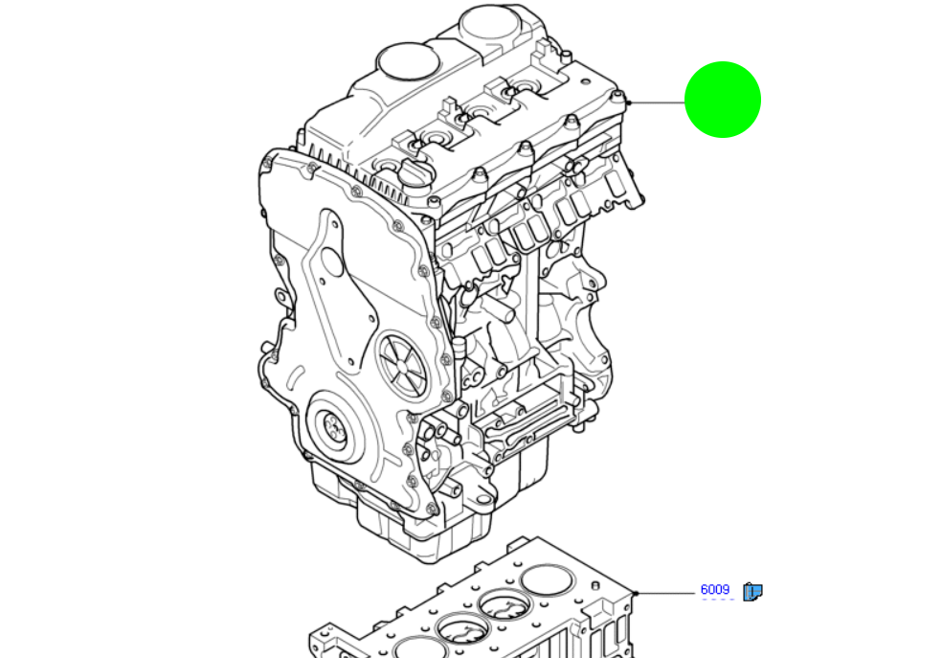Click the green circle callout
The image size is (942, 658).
coord(723,100)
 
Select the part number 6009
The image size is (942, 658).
coord(714,590)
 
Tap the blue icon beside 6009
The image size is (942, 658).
coord(752,592)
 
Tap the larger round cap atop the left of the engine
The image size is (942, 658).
coord(408,61)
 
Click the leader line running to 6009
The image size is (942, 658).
coord(665,594)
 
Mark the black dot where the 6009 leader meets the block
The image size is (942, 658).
coord(636,594)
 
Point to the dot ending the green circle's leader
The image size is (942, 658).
coord(627,102)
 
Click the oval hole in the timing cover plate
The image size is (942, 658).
coord(331,261)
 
